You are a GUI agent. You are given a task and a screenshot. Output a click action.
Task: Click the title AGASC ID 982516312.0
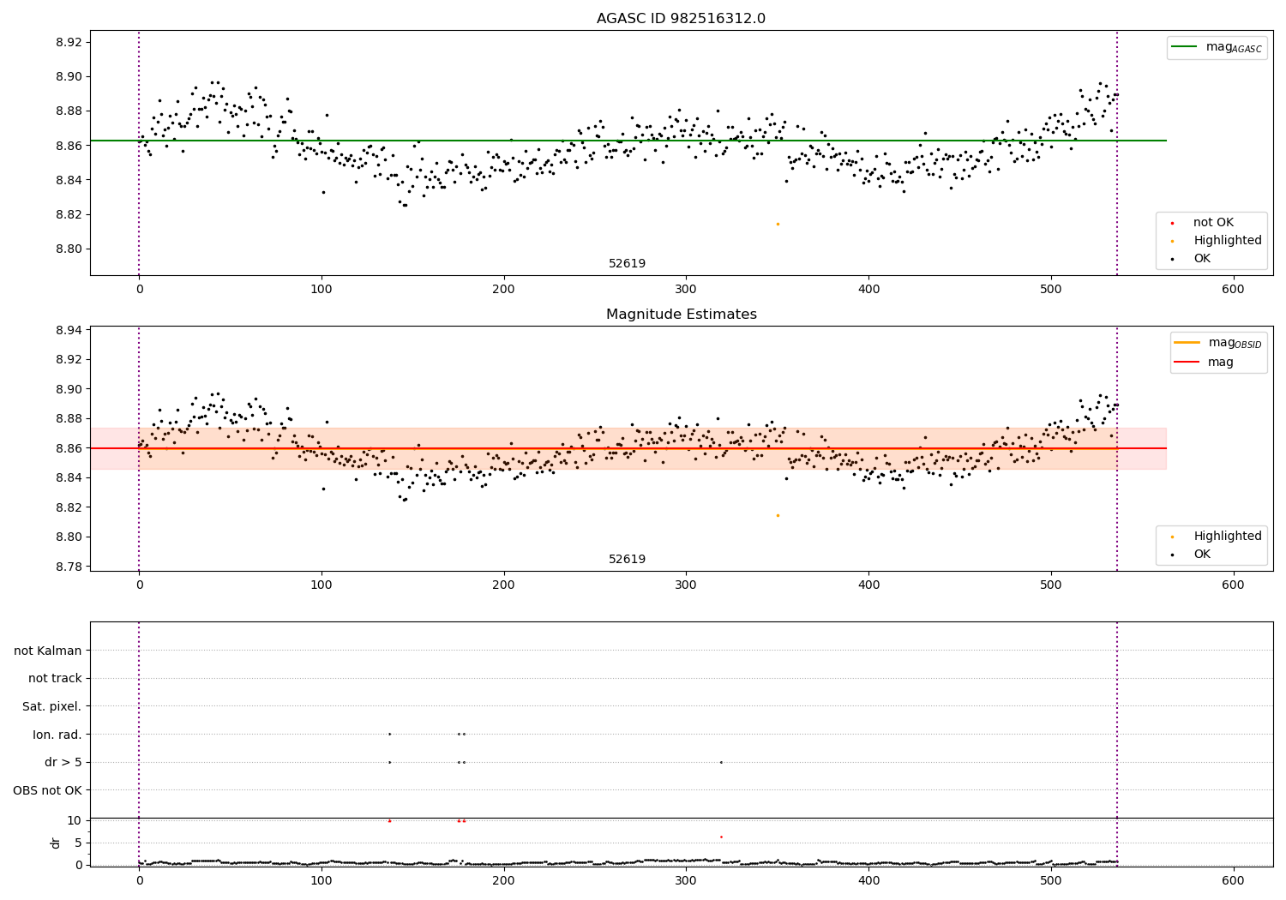tap(681, 19)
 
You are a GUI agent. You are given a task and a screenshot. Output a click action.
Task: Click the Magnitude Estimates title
tap(681, 315)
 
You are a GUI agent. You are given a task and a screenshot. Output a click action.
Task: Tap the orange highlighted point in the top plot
tap(778, 224)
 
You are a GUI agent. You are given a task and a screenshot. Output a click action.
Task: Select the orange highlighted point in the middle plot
tap(778, 515)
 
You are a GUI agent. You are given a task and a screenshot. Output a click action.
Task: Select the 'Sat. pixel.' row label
tap(51, 706)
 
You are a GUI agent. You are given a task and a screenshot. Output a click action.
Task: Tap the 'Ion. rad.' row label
tap(57, 735)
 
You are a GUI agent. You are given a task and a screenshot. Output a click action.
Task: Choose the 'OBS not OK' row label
tap(47, 790)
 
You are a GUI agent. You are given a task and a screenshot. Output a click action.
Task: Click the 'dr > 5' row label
tap(63, 762)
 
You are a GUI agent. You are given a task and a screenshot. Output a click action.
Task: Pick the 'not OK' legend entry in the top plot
tap(1213, 223)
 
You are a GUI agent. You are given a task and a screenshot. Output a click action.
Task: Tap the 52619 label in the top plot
tap(627, 264)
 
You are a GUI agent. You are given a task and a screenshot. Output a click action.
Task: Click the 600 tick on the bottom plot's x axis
tap(1233, 879)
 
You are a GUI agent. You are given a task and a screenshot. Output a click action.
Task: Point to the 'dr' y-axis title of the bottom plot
tap(56, 843)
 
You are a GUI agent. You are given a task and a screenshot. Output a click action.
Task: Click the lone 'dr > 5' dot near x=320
tap(721, 762)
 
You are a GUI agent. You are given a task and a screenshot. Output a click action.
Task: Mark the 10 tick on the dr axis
tap(75, 820)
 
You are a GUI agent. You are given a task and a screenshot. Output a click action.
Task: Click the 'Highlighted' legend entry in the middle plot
tap(1227, 536)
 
